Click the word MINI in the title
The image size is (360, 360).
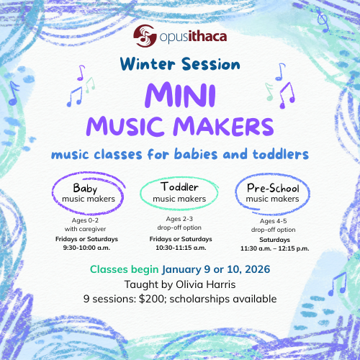pyautogui.click(x=179, y=96)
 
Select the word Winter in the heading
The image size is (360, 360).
pyautogui.click(x=147, y=63)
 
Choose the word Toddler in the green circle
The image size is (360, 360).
pyautogui.click(x=179, y=188)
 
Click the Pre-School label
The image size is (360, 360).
pyautogui.click(x=269, y=188)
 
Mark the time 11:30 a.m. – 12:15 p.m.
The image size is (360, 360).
pyautogui.click(x=269, y=247)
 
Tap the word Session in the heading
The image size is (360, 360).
pyautogui.click(x=208, y=63)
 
